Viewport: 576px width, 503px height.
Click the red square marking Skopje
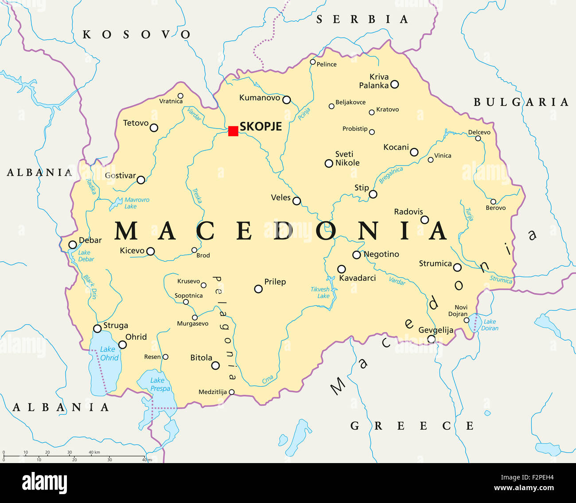(233, 131)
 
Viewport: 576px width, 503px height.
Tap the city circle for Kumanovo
(287, 100)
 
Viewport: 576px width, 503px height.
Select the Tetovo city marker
(154, 128)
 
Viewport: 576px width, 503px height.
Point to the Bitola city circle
(215, 365)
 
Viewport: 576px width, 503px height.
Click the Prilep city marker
(258, 289)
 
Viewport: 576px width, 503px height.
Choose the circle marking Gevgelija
(431, 339)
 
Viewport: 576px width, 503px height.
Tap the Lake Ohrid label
(109, 354)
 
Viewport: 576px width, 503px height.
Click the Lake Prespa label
(160, 384)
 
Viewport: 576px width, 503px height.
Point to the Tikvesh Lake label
(320, 292)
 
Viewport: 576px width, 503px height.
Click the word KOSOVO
(136, 35)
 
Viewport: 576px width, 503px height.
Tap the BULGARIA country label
(521, 102)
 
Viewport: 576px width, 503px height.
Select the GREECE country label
(412, 426)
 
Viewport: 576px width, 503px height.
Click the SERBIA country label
(362, 20)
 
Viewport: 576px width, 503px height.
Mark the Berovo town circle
(493, 201)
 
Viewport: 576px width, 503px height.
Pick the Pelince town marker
(313, 62)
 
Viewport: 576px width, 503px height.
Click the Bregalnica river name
(391, 175)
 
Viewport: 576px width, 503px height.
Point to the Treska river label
(197, 196)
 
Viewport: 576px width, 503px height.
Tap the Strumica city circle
(457, 267)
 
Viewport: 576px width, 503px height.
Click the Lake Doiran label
(490, 325)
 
